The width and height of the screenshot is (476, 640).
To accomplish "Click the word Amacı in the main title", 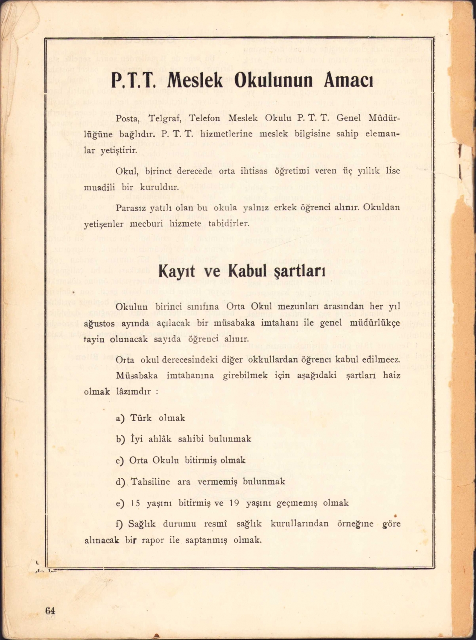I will tap(349, 80).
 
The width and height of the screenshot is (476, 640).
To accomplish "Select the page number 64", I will tap(50, 610).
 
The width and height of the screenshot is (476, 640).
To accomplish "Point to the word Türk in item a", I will tap(141, 418).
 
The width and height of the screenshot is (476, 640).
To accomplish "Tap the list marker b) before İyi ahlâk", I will tap(120, 439).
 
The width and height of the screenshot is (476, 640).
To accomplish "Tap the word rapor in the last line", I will tap(153, 540).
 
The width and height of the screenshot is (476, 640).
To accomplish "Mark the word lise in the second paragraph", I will tap(392, 171).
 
